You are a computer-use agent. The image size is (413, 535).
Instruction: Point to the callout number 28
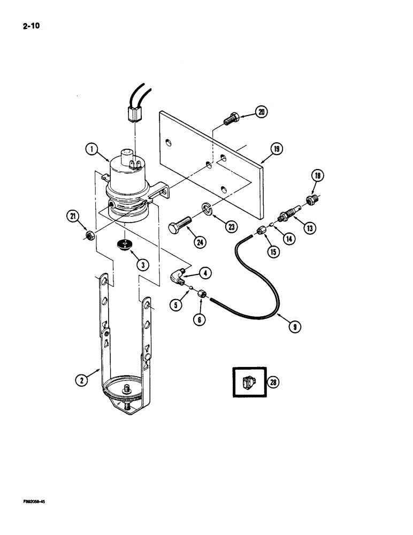tap(273, 382)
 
